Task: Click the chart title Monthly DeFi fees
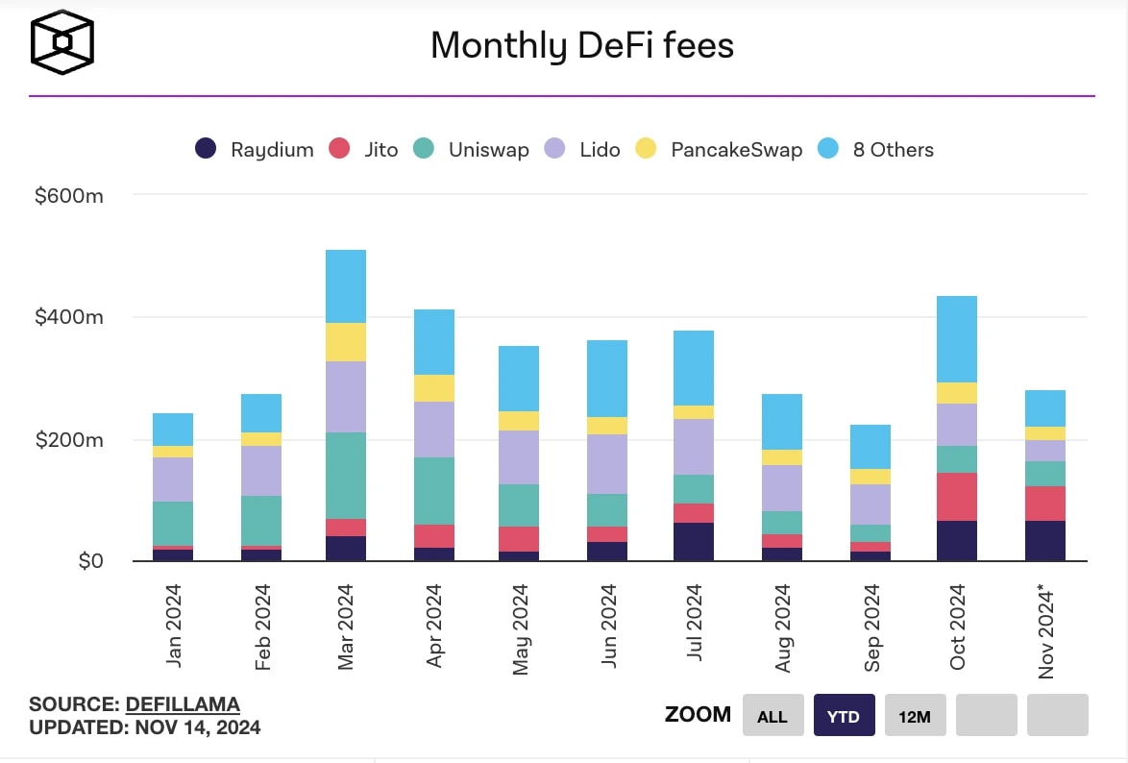click(581, 45)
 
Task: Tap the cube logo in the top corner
click(61, 42)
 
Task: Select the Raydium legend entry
click(255, 149)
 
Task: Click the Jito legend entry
click(363, 149)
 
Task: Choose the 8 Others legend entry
click(875, 149)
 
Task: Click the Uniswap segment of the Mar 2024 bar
click(345, 475)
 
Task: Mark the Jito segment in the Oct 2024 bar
click(956, 497)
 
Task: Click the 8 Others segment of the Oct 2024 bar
click(956, 339)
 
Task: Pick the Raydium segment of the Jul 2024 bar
click(693, 542)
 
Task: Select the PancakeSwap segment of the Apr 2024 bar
click(433, 388)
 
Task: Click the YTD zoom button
click(844, 716)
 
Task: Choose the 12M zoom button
click(915, 716)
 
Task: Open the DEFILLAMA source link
click(183, 704)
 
